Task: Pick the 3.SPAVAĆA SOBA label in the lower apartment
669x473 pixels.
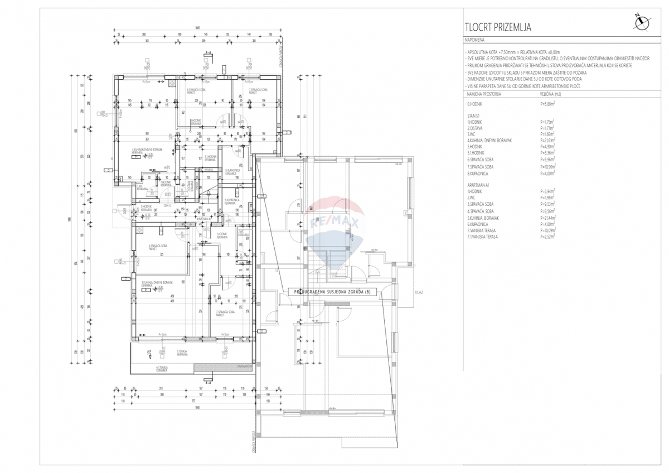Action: coord(225,313)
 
